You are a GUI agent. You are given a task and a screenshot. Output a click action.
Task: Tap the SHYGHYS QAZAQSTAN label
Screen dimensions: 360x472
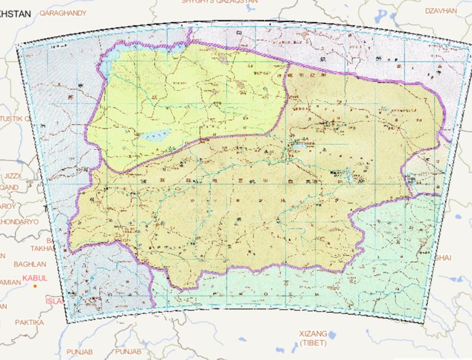(219, 2)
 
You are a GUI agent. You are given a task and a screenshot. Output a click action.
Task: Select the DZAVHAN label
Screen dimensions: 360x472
(441, 10)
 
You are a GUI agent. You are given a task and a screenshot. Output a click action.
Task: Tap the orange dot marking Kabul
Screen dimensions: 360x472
(36, 286)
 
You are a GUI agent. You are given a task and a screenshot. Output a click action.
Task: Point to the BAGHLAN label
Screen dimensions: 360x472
(17, 264)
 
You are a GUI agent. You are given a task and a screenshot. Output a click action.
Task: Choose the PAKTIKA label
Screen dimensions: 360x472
(14, 322)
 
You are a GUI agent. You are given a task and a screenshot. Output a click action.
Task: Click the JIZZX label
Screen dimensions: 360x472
(11, 176)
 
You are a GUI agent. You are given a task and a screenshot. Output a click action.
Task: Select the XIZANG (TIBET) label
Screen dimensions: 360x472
(313, 337)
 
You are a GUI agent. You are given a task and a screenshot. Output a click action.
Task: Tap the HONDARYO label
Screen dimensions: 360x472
(18, 221)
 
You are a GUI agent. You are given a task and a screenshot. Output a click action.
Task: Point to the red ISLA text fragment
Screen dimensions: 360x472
(54, 301)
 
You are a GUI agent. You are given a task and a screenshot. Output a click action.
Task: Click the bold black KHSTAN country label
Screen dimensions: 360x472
(15, 12)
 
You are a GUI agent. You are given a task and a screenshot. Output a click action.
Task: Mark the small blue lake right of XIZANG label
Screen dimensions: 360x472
(332, 335)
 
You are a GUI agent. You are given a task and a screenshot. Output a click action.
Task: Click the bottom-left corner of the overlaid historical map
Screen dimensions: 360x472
(67, 321)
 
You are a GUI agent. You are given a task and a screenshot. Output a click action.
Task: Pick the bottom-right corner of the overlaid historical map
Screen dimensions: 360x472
(424, 321)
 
